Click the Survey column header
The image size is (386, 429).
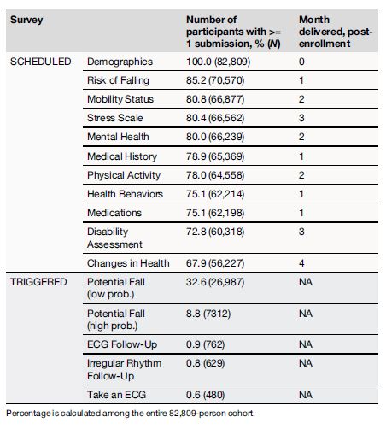pyautogui.click(x=26, y=18)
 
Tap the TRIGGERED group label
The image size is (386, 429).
pyautogui.click(x=38, y=281)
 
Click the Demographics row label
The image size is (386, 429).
pyautogui.click(x=120, y=62)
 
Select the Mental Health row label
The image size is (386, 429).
pyautogui.click(x=118, y=137)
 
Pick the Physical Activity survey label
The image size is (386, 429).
pyautogui.click(x=122, y=174)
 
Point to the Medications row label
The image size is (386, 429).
pyautogui.click(x=114, y=212)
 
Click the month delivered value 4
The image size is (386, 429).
pyautogui.click(x=302, y=262)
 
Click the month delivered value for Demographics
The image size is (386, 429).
pyautogui.click(x=302, y=62)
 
